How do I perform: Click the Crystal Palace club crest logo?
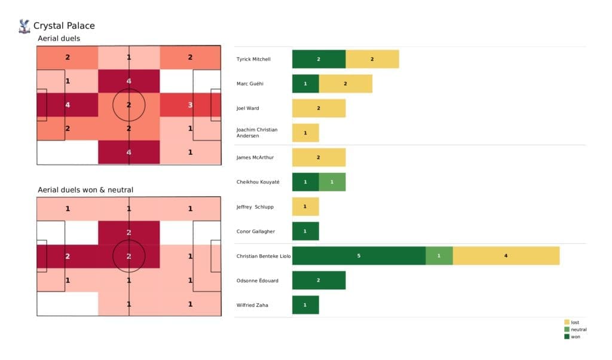pos(25,26)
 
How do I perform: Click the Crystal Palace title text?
pos(64,26)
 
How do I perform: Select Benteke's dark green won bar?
pos(359,256)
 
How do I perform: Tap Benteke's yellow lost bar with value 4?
pos(506,256)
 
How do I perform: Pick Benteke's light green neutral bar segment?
pos(439,256)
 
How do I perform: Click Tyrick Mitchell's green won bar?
pos(319,59)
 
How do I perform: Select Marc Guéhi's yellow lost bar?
pos(345,84)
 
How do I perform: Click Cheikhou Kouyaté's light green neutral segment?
pos(332,182)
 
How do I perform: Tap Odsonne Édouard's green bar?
pos(319,280)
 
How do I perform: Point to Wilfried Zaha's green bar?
pos(305,305)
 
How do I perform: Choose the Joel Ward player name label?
pos(248,108)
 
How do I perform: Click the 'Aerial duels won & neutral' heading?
pos(85,190)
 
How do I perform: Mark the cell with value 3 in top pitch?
pos(190,105)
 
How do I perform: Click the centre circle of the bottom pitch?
pos(128,257)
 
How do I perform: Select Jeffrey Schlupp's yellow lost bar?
pos(305,207)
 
